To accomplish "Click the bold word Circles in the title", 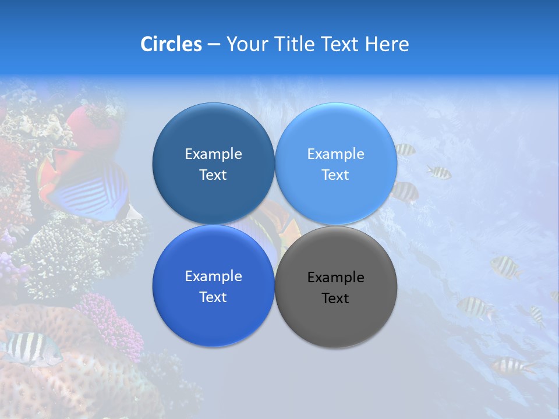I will click(x=171, y=44).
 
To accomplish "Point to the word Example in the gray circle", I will click(x=335, y=278).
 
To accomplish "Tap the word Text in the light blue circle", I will click(x=335, y=175).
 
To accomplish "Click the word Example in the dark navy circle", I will click(x=213, y=154).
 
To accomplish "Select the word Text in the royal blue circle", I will click(x=213, y=297).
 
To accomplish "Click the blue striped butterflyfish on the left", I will click(x=87, y=189).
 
